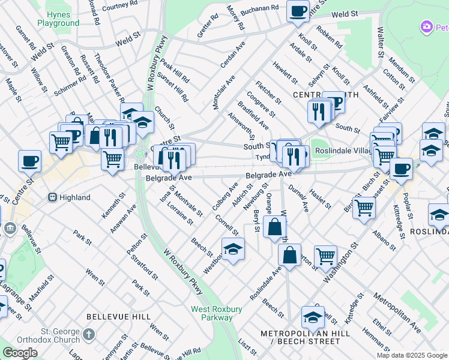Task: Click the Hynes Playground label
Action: (58, 18)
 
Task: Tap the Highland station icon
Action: (52, 197)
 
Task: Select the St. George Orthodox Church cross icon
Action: (89, 334)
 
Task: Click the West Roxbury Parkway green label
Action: (217, 314)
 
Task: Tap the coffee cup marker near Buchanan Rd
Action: (298, 11)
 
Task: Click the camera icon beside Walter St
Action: (427, 26)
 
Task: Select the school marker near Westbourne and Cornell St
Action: (233, 248)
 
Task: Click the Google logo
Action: (20, 353)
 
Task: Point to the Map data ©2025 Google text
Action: (412, 355)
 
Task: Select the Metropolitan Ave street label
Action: (397, 313)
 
